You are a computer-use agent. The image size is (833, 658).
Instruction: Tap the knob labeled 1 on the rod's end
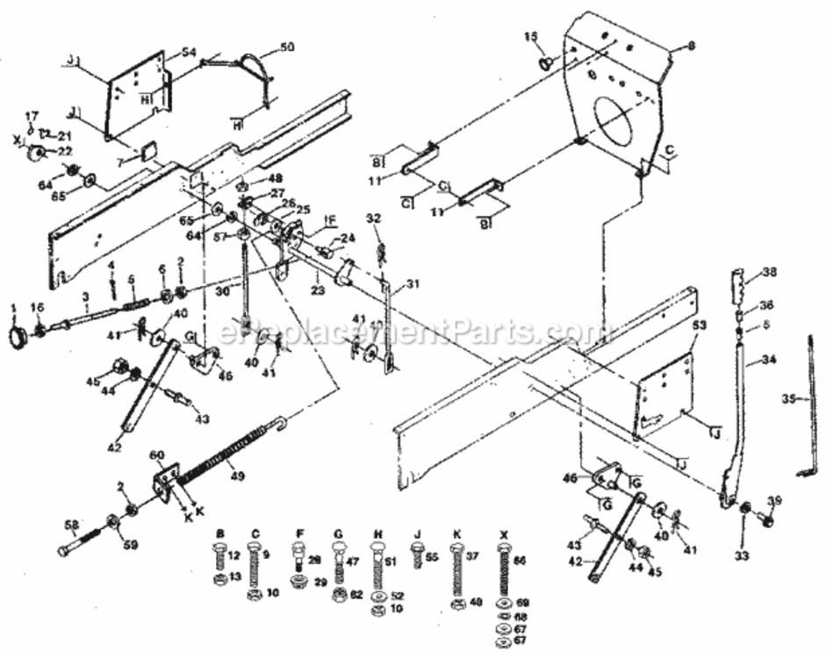(17, 337)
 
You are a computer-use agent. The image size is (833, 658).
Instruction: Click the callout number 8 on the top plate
(690, 45)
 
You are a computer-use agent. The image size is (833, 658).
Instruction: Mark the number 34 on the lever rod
(769, 360)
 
